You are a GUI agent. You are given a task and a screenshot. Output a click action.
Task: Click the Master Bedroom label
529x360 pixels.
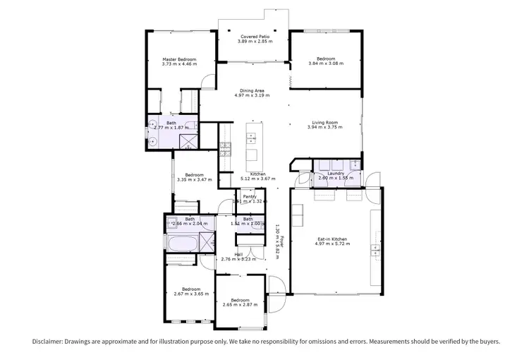click(178, 59)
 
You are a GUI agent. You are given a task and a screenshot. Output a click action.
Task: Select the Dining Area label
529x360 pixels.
click(252, 90)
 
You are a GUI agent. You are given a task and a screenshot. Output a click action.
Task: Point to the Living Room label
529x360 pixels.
click(327, 124)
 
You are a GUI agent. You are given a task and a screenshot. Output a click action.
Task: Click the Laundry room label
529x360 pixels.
click(336, 173)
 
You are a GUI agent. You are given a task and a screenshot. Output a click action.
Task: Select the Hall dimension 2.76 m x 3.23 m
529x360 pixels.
click(240, 259)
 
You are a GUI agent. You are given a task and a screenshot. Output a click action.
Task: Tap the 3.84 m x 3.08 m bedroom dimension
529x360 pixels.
click(326, 64)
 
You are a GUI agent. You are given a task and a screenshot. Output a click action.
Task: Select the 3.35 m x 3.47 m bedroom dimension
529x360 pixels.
click(194, 180)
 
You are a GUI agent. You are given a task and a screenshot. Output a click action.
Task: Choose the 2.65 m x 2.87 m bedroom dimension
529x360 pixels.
click(241, 304)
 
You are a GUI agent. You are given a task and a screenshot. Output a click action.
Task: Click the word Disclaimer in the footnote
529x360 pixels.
click(47, 341)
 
